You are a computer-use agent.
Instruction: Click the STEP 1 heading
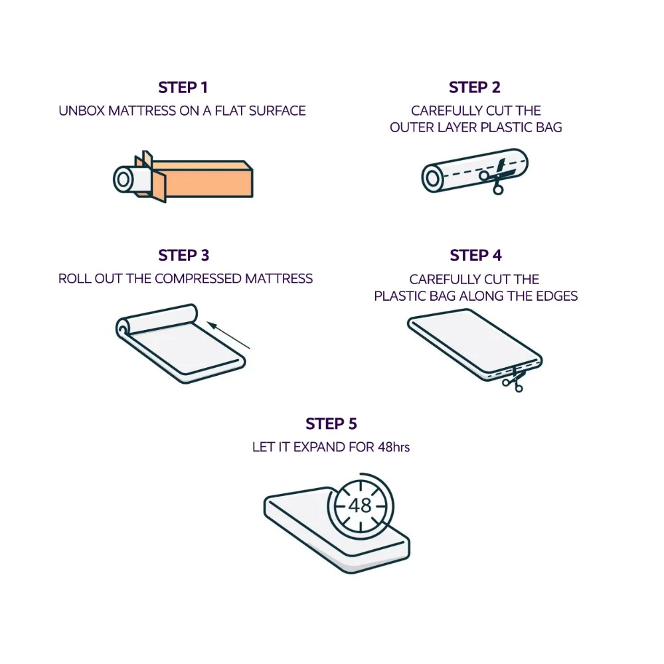click(183, 88)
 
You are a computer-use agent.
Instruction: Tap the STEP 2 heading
click(475, 88)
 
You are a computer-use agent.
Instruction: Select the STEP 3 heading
click(184, 256)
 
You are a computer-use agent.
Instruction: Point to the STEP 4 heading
click(475, 256)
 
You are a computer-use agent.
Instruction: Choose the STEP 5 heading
click(331, 424)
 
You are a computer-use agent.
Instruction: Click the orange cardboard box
click(201, 178)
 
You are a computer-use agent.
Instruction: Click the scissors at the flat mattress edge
click(514, 380)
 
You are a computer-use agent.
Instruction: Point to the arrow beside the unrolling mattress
click(228, 335)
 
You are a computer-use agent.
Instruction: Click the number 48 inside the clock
click(361, 505)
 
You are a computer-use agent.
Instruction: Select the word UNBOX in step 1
click(81, 111)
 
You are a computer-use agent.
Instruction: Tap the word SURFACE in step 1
click(277, 111)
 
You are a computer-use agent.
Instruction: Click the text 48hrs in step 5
click(394, 447)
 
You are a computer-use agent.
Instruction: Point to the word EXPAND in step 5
click(320, 447)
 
